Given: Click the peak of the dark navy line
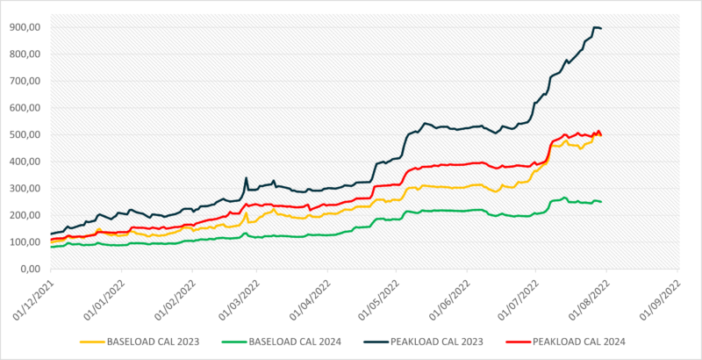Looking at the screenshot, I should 597,27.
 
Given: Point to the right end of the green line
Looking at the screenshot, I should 601,202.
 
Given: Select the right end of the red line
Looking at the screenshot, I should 601,135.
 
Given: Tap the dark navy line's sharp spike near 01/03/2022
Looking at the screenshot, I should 247,178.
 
